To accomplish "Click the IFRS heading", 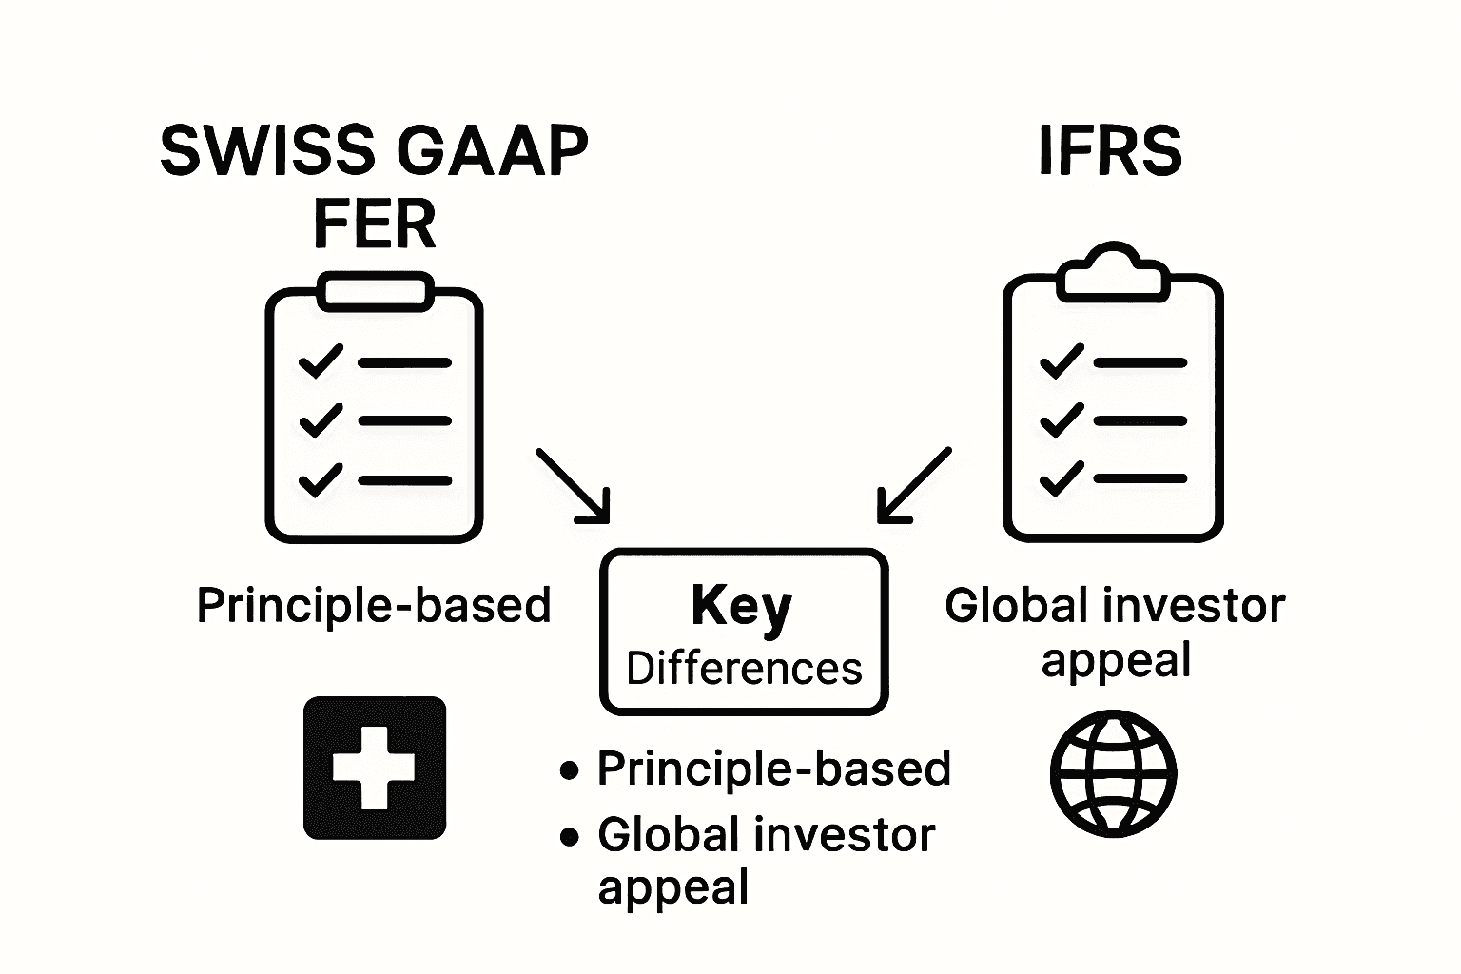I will pyautogui.click(x=1110, y=150).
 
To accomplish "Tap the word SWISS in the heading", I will pyautogui.click(x=267, y=150).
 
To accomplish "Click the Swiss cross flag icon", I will pyautogui.click(x=374, y=768).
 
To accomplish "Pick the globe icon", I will pyautogui.click(x=1113, y=773).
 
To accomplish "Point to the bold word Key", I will pyautogui.click(x=741, y=606).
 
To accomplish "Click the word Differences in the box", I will pyautogui.click(x=744, y=669).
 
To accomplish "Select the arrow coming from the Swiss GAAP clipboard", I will pyautogui.click(x=574, y=486).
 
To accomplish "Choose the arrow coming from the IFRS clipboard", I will pyautogui.click(x=913, y=486).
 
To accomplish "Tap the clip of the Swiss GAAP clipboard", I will pyautogui.click(x=374, y=291).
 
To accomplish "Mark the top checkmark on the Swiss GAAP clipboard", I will pyautogui.click(x=321, y=361).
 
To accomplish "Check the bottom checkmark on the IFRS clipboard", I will pyautogui.click(x=1061, y=479).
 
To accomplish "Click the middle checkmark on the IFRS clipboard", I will pyautogui.click(x=1061, y=419).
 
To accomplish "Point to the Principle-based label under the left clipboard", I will pyautogui.click(x=374, y=606).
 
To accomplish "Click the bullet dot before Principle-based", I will pyautogui.click(x=570, y=769).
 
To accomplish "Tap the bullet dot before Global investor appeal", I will pyautogui.click(x=570, y=836).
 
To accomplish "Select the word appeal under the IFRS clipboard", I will pyautogui.click(x=1116, y=659).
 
